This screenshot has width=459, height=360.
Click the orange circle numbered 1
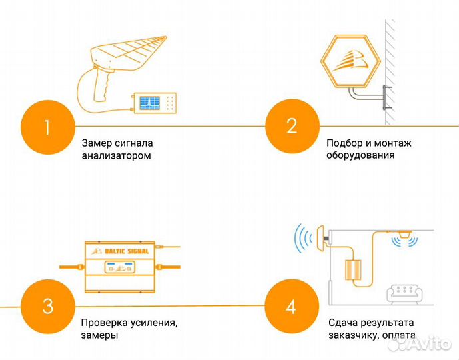point(47,126)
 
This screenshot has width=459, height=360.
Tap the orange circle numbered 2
point(291,126)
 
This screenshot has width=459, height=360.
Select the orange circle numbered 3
point(47,307)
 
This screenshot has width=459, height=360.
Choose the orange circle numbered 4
point(290,307)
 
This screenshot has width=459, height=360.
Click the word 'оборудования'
point(361,155)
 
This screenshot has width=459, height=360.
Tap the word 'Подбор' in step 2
point(344,143)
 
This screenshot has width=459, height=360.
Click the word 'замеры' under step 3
point(100,336)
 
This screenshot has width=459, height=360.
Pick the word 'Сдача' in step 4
point(342,323)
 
